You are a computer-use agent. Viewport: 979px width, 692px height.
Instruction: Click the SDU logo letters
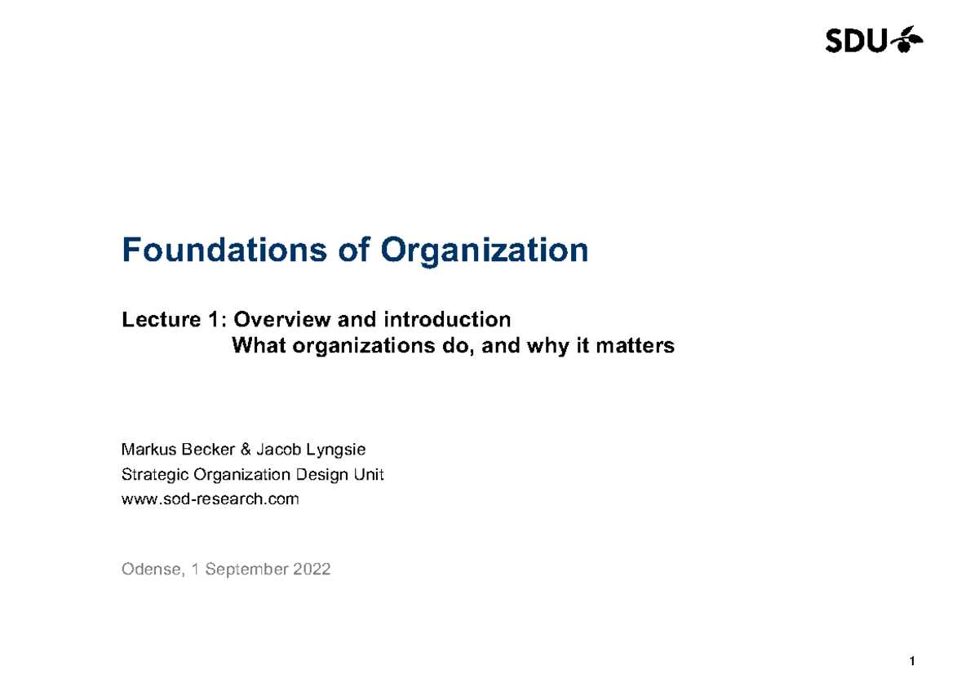(856, 40)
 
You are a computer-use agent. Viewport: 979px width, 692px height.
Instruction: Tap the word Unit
(370, 474)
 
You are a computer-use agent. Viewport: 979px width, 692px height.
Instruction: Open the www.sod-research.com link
(210, 499)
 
